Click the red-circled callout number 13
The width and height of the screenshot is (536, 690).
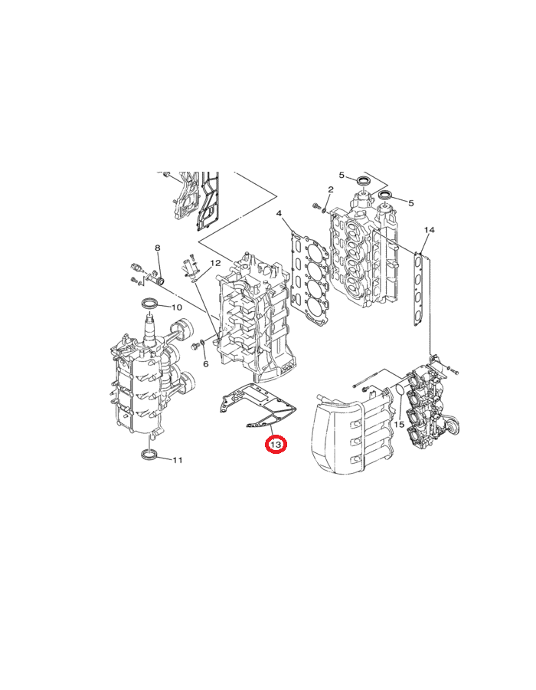pos(276,445)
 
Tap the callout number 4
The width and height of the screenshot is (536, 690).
pos(279,213)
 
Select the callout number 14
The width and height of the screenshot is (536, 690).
pos(430,230)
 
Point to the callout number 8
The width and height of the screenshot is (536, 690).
pos(158,248)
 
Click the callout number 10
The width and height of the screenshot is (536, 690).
pos(176,307)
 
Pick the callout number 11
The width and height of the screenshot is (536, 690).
pos(177,460)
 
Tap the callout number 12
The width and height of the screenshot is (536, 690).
pos(215,263)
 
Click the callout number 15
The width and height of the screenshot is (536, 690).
pos(399,425)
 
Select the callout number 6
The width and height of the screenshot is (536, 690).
pos(205,364)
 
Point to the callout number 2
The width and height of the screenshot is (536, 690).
pos(331,189)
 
